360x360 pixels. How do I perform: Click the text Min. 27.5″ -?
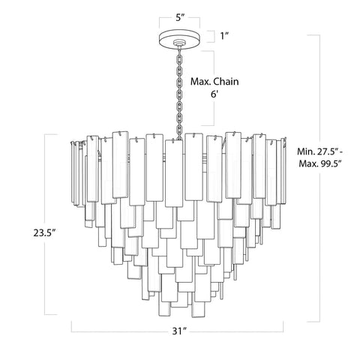(325, 149)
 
